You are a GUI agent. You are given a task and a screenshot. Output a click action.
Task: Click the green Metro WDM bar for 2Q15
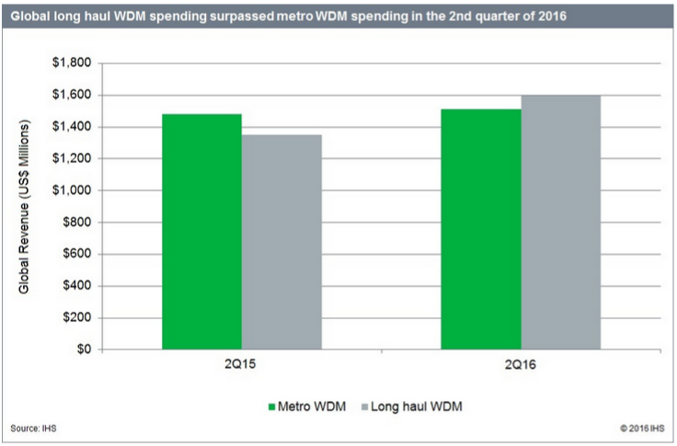(x=201, y=232)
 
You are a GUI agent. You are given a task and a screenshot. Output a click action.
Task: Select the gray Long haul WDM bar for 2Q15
(x=281, y=242)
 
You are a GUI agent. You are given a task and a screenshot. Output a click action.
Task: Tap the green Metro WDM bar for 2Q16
(x=480, y=229)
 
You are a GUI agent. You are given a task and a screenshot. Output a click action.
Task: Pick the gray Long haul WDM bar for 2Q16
(x=560, y=223)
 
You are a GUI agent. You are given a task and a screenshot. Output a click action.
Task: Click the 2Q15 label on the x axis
(x=241, y=365)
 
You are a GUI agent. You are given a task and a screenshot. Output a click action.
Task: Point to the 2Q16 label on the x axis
(x=521, y=365)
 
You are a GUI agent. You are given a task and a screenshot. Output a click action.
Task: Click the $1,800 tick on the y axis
(x=74, y=63)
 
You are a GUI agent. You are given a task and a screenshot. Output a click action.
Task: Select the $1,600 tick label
(x=74, y=95)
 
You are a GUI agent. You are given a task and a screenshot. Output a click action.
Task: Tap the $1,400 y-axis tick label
(x=74, y=127)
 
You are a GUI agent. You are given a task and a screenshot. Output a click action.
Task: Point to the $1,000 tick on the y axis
(x=74, y=190)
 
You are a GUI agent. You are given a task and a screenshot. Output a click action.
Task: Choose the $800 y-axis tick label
(x=77, y=223)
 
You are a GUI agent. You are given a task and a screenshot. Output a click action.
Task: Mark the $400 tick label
(x=77, y=286)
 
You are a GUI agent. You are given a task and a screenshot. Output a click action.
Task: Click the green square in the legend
(x=272, y=405)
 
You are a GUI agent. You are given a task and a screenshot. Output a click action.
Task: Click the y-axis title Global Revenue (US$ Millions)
(x=25, y=209)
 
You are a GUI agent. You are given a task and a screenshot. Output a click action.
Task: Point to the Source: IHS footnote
(x=31, y=429)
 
